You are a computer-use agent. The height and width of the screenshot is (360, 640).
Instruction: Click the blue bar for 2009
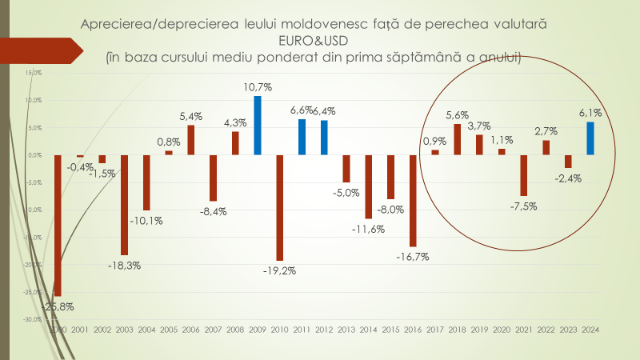pyautogui.click(x=258, y=125)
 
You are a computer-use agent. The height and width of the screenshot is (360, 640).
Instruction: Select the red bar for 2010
pyautogui.click(x=280, y=207)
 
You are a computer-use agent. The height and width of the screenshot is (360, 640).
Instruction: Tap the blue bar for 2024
pyautogui.click(x=590, y=138)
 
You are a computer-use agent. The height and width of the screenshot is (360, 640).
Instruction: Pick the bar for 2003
pyautogui.click(x=124, y=204)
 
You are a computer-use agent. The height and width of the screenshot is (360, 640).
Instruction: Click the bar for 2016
pyautogui.click(x=413, y=200)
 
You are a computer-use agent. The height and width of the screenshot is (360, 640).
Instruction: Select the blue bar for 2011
pyautogui.click(x=302, y=137)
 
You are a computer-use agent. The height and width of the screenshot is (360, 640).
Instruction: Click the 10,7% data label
pyautogui.click(x=258, y=86)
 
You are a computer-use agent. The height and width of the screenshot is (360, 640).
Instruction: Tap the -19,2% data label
pyautogui.click(x=280, y=270)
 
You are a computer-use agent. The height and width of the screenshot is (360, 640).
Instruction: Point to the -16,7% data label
pyautogui.click(x=413, y=257)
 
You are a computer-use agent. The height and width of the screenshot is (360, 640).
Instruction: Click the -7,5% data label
pyautogui.click(x=524, y=206)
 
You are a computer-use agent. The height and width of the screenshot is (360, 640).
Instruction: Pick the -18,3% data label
pyautogui.click(x=125, y=265)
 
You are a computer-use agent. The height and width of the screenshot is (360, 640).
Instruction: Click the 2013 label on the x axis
pyautogui.click(x=346, y=329)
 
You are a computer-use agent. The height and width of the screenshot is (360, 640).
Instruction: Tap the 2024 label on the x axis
pyautogui.click(x=590, y=329)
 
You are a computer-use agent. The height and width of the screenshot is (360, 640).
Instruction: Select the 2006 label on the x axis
pyautogui.click(x=191, y=329)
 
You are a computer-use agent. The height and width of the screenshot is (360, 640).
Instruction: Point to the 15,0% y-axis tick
pyautogui.click(x=33, y=73)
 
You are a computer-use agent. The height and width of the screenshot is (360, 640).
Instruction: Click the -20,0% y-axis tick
pyautogui.click(x=33, y=265)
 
